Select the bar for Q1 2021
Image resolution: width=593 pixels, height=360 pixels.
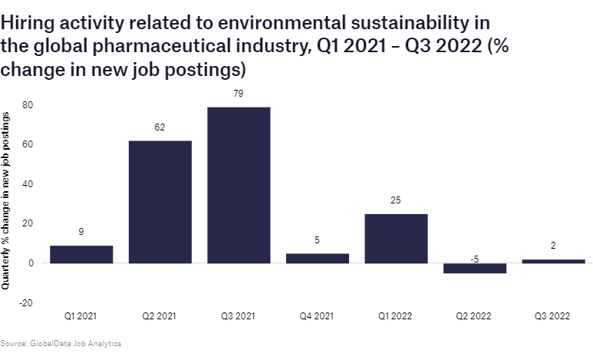(x=81, y=254)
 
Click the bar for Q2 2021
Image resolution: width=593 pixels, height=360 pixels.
(x=160, y=202)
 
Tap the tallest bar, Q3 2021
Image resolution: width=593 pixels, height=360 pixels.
(x=239, y=185)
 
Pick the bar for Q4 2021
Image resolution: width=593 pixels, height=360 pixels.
(x=317, y=258)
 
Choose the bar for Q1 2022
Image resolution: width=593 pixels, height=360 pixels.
(x=396, y=238)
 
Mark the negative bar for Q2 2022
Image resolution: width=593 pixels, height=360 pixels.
(x=474, y=268)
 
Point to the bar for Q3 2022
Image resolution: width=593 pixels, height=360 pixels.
(x=553, y=261)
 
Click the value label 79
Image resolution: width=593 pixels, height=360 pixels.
(x=239, y=94)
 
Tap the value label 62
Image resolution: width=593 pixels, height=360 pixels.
(x=160, y=127)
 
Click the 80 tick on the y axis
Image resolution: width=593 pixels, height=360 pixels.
(x=27, y=104)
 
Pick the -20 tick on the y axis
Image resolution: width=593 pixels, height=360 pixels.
(x=25, y=303)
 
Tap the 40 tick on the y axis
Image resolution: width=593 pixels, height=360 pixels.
(x=27, y=184)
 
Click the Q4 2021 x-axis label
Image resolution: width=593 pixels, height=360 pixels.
(x=317, y=315)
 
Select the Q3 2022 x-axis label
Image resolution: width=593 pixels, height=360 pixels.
(x=553, y=315)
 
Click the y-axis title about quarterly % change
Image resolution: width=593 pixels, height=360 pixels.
(x=7, y=200)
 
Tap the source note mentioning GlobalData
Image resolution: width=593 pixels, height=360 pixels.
(x=61, y=343)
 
